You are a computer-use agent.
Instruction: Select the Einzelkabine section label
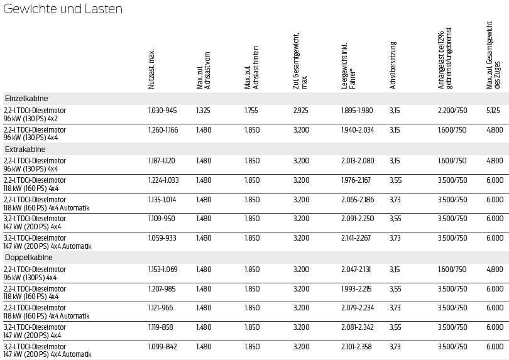[26, 99]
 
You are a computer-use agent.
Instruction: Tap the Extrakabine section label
[25, 150]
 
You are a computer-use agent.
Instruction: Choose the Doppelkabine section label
[28, 258]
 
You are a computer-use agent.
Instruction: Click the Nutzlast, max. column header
[151, 69]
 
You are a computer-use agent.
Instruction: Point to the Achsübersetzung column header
[393, 65]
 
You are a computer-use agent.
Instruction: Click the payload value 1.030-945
[163, 111]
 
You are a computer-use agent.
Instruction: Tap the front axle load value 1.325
[204, 111]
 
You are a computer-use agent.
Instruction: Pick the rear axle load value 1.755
[252, 111]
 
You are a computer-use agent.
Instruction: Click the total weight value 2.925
[300, 111]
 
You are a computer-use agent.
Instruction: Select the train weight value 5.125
[494, 111]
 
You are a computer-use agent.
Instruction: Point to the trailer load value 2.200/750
[452, 111]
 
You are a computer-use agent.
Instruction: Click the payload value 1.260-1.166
[163, 130]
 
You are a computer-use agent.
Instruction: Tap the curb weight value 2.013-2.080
[358, 161]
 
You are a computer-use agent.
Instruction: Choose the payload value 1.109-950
[162, 219]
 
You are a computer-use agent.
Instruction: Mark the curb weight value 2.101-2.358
[357, 347]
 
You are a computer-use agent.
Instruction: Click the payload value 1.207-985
[162, 289]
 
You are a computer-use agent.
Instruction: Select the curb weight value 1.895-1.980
[357, 111]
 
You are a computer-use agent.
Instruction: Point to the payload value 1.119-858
[162, 327]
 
